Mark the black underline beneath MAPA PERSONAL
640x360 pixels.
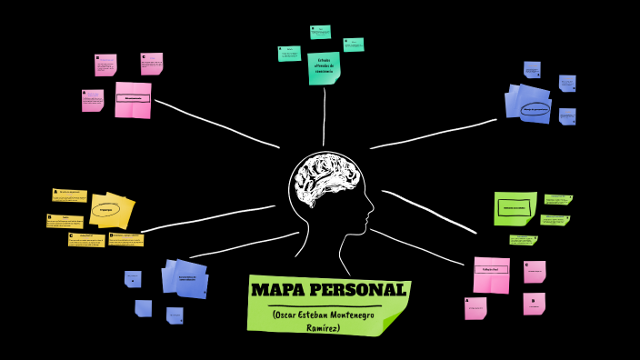327,305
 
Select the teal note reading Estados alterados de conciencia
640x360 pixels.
323,68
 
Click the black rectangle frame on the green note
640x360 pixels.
515,207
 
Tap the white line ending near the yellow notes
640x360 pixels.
209,218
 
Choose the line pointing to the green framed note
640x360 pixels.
427,207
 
